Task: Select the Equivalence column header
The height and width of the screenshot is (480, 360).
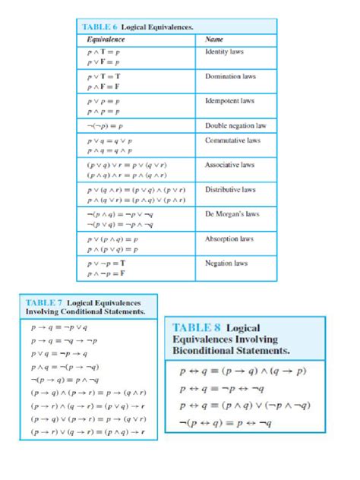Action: [x=106, y=39]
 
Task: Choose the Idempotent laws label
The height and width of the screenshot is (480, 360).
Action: [x=229, y=100]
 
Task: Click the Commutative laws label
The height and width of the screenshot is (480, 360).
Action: [x=230, y=141]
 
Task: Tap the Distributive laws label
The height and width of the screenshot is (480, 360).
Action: [x=230, y=189]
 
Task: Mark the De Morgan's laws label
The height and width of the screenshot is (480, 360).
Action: [x=232, y=214]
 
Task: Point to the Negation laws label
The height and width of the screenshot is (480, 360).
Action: [x=226, y=263]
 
